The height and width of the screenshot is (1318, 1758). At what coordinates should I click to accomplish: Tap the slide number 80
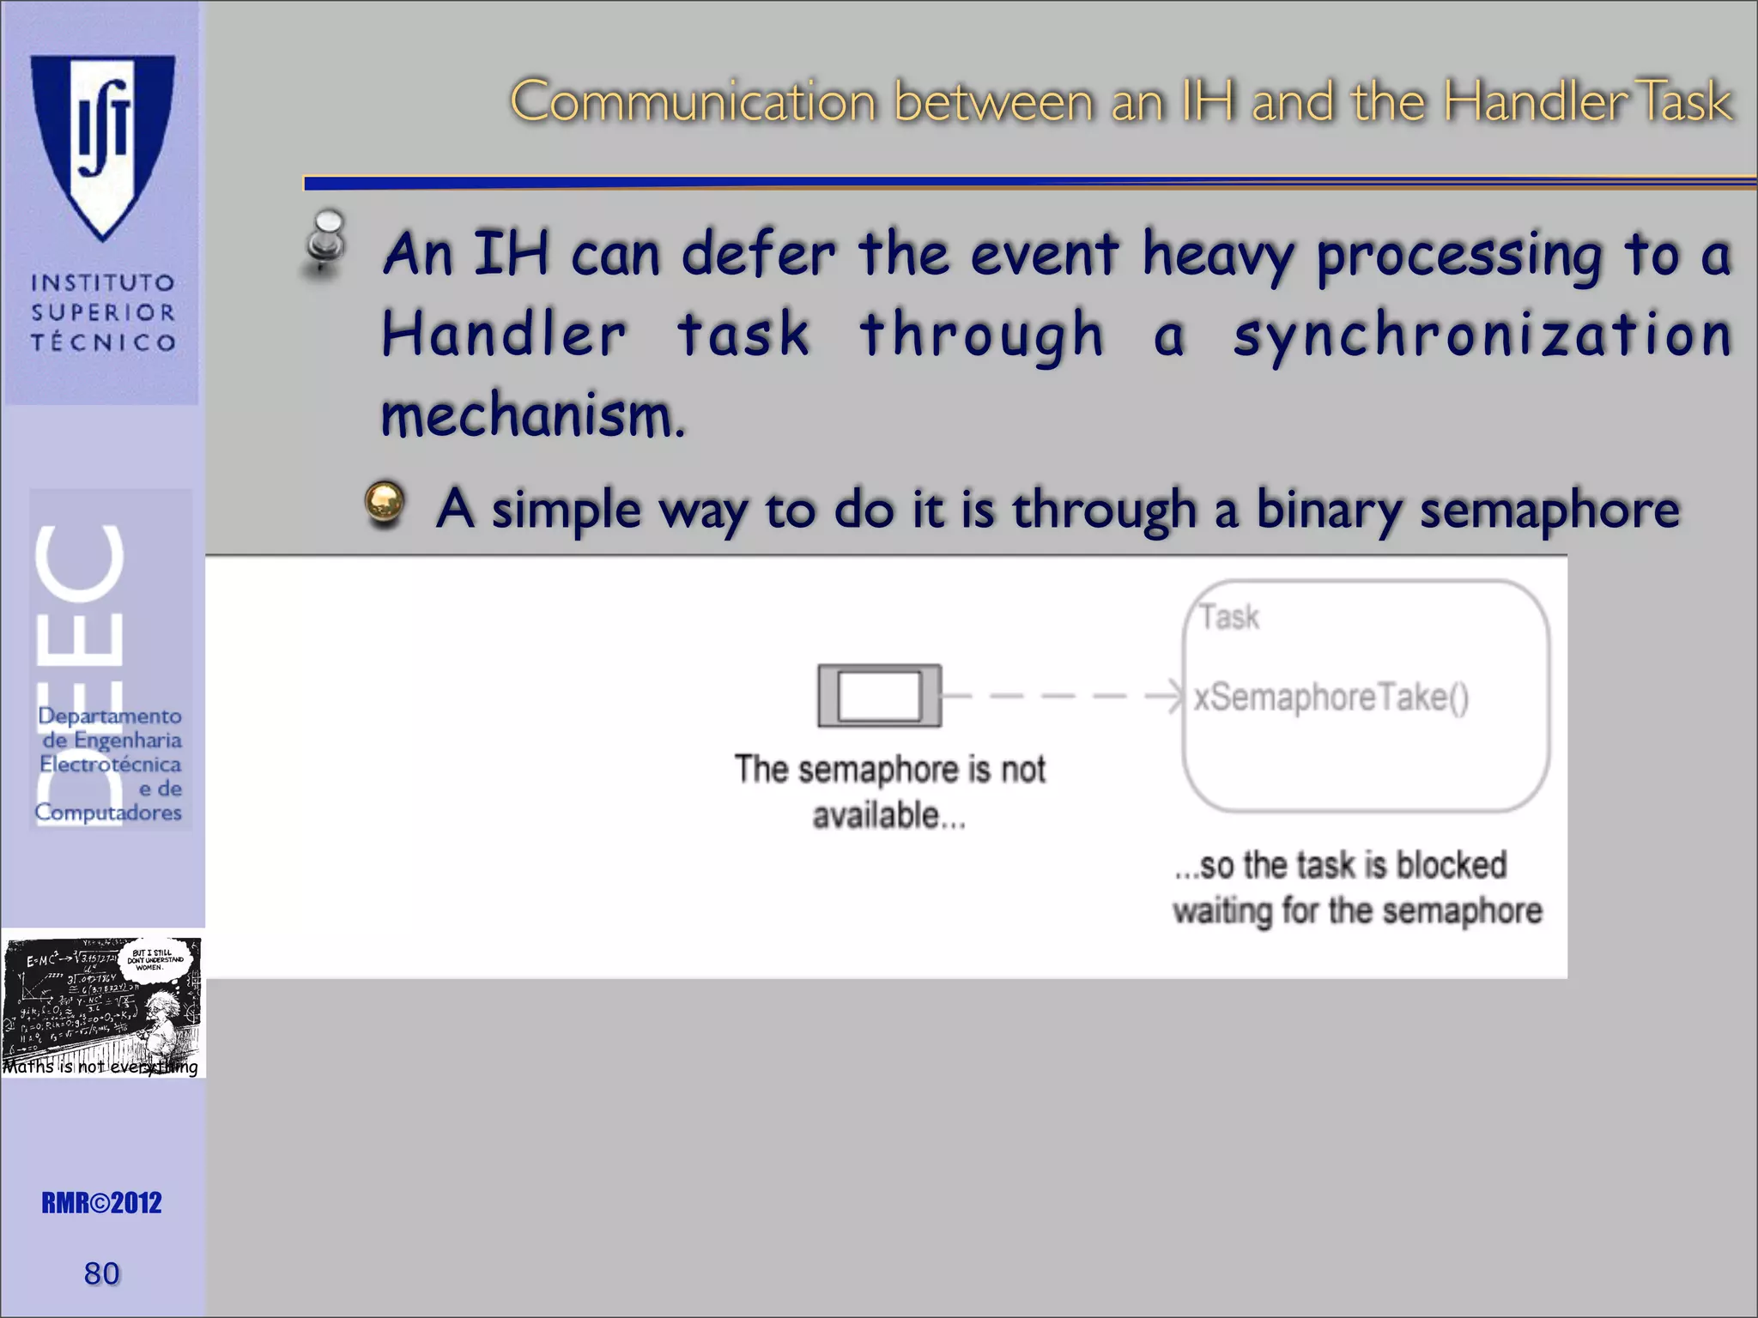[101, 1273]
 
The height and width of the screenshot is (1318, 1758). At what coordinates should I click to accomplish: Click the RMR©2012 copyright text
[101, 1203]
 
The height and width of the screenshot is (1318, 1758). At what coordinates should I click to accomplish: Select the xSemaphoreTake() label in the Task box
[1331, 697]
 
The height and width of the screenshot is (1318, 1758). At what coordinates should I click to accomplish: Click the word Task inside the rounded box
[1229, 617]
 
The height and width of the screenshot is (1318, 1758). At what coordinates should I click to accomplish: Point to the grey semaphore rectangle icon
[879, 696]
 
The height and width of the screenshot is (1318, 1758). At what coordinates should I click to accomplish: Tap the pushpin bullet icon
[325, 243]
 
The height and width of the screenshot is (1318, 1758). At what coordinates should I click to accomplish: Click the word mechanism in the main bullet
[532, 416]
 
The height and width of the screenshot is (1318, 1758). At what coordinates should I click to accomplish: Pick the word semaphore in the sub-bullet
[1549, 510]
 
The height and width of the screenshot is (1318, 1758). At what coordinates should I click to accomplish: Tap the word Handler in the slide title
[1536, 101]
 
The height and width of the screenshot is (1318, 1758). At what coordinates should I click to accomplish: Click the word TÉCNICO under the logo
[103, 342]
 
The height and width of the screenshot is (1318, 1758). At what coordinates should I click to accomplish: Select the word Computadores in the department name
[108, 812]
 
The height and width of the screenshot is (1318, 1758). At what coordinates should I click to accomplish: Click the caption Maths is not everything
[100, 1067]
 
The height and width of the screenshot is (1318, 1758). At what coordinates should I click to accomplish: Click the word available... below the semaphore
[889, 815]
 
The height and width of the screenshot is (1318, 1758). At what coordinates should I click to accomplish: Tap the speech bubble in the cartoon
[155, 958]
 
